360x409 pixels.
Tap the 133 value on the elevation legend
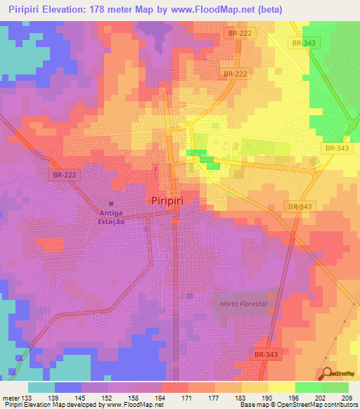27,398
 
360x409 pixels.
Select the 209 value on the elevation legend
345,398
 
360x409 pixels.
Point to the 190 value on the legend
266,398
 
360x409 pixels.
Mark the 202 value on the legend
319,398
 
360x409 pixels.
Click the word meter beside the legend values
10,398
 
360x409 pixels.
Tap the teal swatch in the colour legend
41,387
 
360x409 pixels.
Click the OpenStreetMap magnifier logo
325,374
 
